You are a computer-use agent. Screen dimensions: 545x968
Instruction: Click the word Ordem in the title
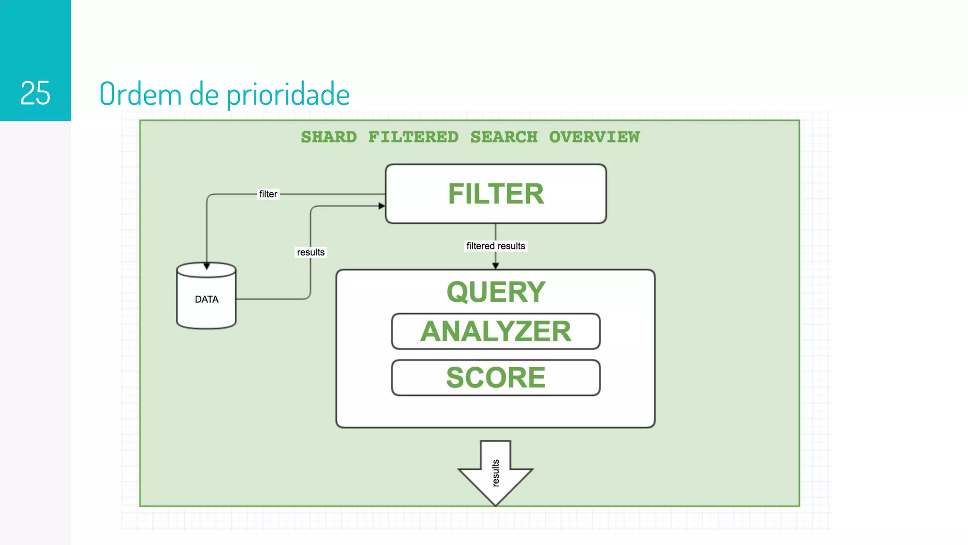[x=140, y=94]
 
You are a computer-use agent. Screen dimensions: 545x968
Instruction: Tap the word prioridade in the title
[x=288, y=95]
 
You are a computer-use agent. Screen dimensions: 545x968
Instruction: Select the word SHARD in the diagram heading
[x=329, y=137]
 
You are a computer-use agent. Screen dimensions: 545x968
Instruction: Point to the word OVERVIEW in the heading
[x=594, y=137]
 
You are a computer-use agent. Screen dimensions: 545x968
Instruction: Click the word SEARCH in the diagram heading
[x=504, y=137]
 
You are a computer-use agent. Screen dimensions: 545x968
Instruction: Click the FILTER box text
[x=496, y=194]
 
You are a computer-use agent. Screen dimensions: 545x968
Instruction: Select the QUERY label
[x=496, y=292]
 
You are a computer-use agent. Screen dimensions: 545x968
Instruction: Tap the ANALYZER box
[x=496, y=331]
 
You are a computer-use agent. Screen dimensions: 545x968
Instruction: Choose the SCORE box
[x=496, y=378]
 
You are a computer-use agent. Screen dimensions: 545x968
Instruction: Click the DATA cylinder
[x=207, y=299]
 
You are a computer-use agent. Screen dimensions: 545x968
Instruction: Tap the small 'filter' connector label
[x=268, y=194]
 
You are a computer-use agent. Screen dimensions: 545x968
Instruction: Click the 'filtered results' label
[x=495, y=246]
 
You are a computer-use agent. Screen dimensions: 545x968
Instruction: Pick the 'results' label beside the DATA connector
[x=311, y=252]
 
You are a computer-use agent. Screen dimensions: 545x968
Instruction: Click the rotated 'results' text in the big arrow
[x=495, y=473]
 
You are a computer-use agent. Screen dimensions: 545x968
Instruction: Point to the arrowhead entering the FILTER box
[x=382, y=206]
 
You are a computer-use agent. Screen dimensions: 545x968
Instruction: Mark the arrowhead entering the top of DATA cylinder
[x=207, y=266]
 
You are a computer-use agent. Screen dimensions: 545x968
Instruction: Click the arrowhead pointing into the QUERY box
[x=495, y=266]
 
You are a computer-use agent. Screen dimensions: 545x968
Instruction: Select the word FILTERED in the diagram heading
[x=413, y=137]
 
